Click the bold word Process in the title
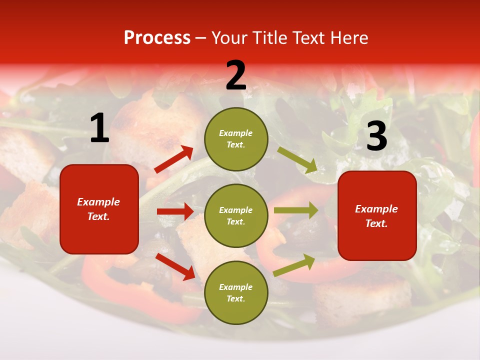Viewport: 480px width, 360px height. [157, 38]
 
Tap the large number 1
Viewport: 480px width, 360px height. [99, 128]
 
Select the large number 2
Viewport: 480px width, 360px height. [236, 75]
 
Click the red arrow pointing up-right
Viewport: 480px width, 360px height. [174, 159]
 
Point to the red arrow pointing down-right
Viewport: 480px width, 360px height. [175, 266]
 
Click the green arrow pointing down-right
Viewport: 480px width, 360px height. [297, 159]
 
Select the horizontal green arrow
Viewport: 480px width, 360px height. [295, 210]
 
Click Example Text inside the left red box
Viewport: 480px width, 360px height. [98, 209]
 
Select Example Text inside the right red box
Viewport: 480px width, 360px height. [376, 216]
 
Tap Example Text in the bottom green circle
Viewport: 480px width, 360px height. [236, 292]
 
